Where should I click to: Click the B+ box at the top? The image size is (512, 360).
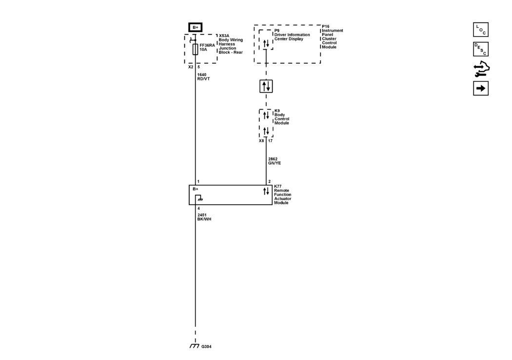click(195, 28)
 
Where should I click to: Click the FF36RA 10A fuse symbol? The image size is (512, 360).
click(196, 49)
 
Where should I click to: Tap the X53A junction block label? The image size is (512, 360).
click(230, 44)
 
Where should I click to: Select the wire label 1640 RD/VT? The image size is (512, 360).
click(203, 76)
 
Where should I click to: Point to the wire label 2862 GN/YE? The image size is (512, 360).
click(275, 161)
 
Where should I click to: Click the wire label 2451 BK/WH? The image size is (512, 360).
click(204, 217)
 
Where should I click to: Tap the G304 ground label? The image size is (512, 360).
click(206, 347)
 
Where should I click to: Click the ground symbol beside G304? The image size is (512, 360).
click(195, 346)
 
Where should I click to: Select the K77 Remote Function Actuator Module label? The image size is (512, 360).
click(282, 194)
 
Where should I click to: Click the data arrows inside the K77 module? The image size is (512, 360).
click(266, 191)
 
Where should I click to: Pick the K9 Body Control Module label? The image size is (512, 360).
click(282, 117)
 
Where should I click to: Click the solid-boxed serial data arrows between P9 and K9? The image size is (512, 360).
click(266, 86)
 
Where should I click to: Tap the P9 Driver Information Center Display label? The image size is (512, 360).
click(292, 35)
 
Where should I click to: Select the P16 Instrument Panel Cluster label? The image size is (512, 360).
click(332, 37)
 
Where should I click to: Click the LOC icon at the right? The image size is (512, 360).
click(480, 30)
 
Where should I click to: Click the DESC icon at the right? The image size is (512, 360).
click(480, 49)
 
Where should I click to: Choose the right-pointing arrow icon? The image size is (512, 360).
click(480, 88)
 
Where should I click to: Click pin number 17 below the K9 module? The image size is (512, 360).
click(270, 141)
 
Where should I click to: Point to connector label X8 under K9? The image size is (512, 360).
click(261, 141)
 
